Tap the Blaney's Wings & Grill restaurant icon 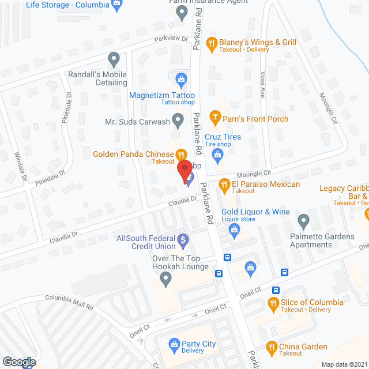[x=212, y=43]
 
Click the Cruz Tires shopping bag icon [x=217, y=154]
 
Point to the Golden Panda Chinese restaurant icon [x=181, y=155]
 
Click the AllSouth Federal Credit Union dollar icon [x=183, y=238]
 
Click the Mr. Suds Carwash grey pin [x=178, y=121]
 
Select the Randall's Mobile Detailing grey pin [x=114, y=59]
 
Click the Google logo [x=18, y=362]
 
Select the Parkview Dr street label [x=171, y=39]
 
